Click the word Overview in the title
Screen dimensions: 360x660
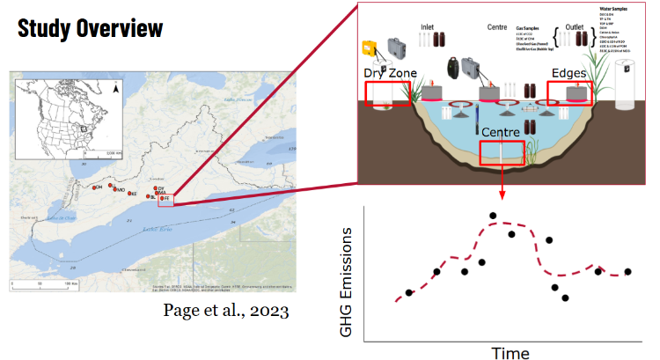[x=123, y=27]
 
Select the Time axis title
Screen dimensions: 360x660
[x=510, y=353]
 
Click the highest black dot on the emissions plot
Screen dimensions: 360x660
[x=493, y=216]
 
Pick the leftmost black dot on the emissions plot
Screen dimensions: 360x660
[x=408, y=293]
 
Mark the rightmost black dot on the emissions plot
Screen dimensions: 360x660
[x=628, y=272]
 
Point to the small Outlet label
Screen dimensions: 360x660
[x=576, y=27]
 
